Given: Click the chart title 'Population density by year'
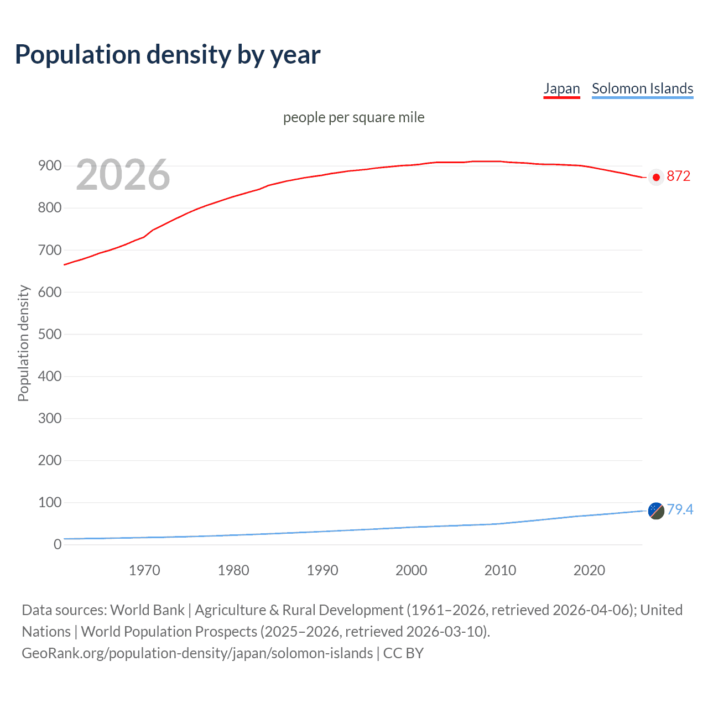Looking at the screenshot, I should coord(168,54).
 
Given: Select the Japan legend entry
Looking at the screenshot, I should coord(561,88).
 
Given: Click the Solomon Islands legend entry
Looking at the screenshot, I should coord(642,88).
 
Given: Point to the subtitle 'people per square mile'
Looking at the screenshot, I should coord(353,117).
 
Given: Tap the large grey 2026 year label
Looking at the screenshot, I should coord(123,175).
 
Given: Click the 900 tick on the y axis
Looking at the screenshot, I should coord(49,166).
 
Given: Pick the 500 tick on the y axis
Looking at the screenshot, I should coord(49,334).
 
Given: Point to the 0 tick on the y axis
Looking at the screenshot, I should coord(57,544).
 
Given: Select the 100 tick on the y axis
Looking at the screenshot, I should coord(49,502).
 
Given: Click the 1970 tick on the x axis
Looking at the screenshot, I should coord(144,570).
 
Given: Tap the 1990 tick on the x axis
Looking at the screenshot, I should coord(322,570).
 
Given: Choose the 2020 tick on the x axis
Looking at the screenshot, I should coord(589,570).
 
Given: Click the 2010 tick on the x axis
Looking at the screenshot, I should coord(500,570).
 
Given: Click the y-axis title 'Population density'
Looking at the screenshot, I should coord(23,343).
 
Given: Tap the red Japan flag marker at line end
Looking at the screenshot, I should coord(656,178).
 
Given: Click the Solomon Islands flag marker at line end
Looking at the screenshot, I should coord(656,511).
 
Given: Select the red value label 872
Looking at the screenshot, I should coord(678,176).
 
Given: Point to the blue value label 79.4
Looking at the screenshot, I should coord(680,509).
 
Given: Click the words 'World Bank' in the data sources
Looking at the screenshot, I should coord(147,610).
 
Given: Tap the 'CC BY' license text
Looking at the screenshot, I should coord(403,653).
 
